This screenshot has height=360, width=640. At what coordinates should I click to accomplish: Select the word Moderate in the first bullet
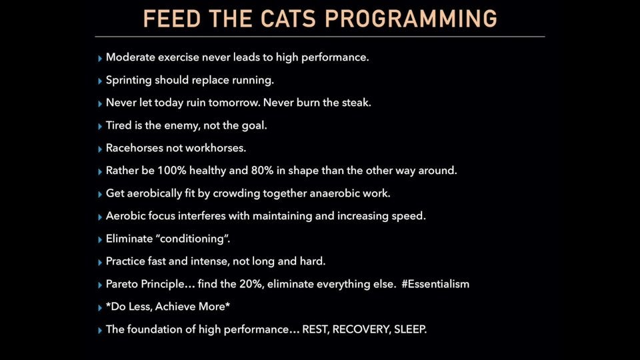click(131, 57)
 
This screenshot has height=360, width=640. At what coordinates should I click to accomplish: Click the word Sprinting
click(129, 80)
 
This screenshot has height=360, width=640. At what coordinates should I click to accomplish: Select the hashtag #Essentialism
click(435, 284)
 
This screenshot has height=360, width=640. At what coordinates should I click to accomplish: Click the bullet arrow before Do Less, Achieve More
click(100, 307)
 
